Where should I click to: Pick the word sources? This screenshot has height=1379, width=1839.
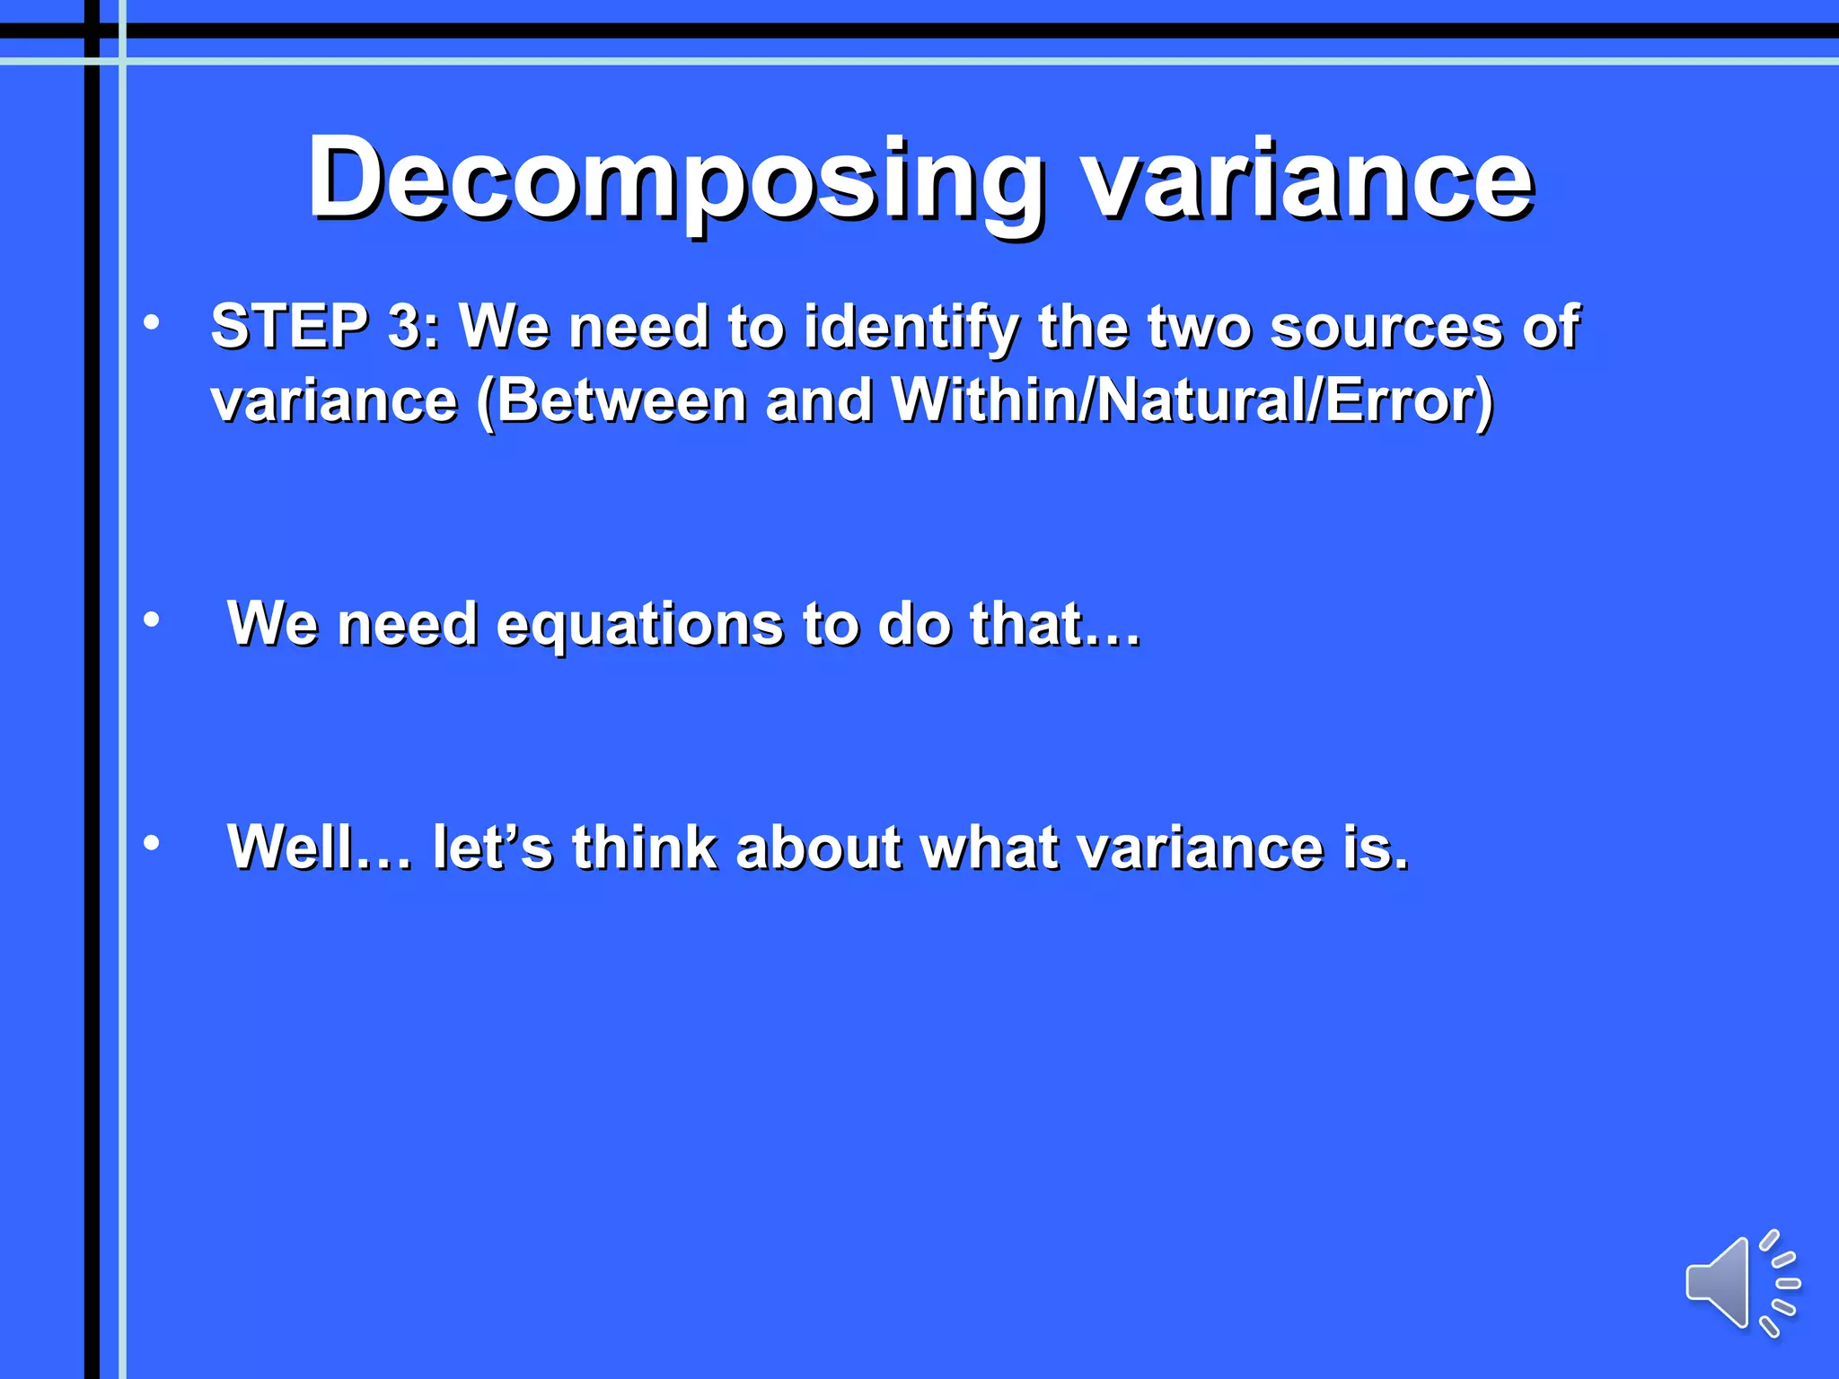point(1386,328)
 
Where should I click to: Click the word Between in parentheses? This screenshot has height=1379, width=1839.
point(621,400)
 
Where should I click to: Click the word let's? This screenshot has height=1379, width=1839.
point(492,848)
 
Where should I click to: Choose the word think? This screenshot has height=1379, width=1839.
point(645,848)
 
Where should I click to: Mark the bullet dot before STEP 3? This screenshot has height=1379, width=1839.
point(152,322)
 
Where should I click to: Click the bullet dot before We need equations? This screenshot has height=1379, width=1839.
point(152,619)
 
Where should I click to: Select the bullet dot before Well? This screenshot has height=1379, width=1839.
point(152,843)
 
